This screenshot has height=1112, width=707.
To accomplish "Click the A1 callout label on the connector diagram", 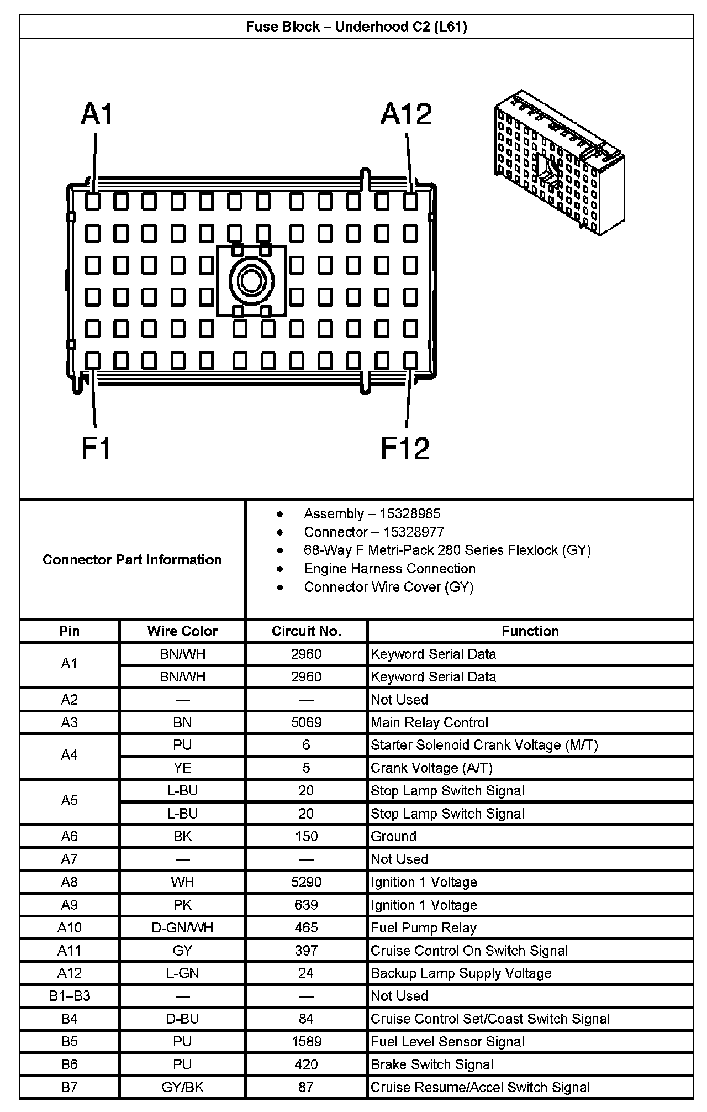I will [97, 114].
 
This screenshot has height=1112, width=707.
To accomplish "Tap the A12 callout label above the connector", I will [406, 114].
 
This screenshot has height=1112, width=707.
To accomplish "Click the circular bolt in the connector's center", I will [251, 281].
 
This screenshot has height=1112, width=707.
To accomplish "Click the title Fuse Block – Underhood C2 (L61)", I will [356, 27].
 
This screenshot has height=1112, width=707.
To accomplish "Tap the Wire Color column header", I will [182, 631].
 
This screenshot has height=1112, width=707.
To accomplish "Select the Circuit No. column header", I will [306, 631].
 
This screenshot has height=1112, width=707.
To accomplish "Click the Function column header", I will [530, 631].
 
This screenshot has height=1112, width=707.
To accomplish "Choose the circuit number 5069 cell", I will [306, 722].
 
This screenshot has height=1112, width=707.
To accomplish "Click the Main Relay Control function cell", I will [429, 722].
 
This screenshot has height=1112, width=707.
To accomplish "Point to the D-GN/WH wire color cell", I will [182, 927].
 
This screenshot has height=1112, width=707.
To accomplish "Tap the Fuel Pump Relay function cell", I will [423, 927].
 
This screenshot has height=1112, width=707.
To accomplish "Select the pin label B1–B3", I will [69, 996].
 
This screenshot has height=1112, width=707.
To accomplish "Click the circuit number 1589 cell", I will [306, 1041].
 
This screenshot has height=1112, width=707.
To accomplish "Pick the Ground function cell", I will [393, 836].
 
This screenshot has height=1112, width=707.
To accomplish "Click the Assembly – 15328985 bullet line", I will [372, 513].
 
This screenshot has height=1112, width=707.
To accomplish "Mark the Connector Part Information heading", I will [132, 559].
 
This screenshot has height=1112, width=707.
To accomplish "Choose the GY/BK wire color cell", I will [182, 1087].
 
